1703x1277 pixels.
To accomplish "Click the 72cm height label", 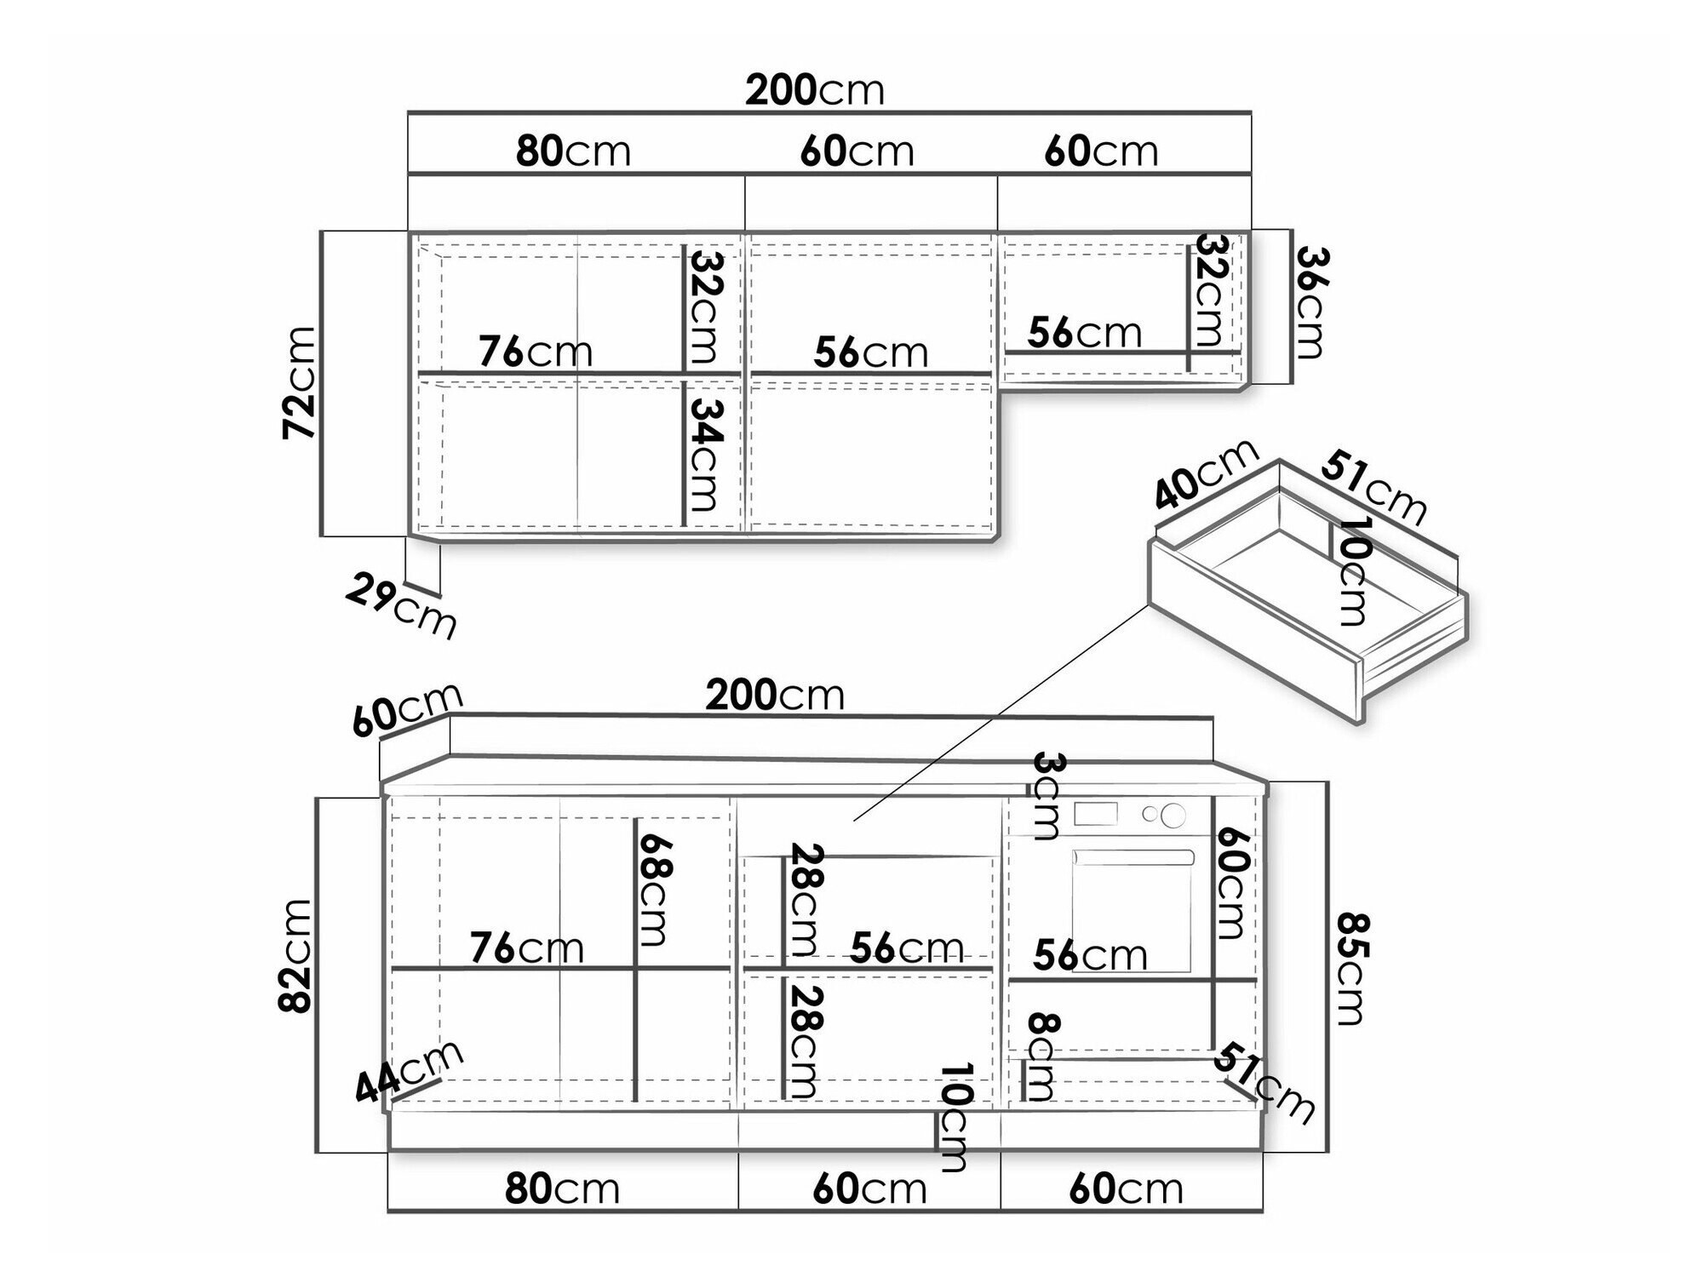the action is (x=300, y=383).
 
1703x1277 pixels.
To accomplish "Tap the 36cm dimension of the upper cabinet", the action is (x=1310, y=302).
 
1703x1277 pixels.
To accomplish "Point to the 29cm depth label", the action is (x=401, y=605).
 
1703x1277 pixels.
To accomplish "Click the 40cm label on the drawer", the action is (x=1207, y=472).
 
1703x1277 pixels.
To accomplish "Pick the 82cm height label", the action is (x=296, y=955).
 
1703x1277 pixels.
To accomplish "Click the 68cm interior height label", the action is (x=656, y=890).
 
